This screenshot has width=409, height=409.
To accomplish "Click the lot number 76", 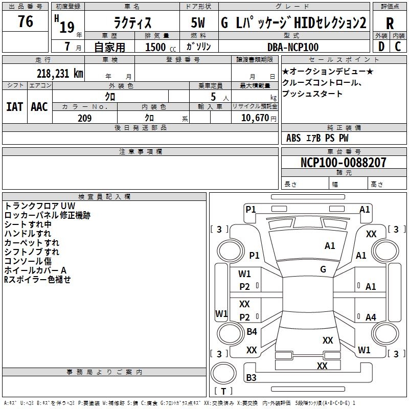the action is coord(26,21).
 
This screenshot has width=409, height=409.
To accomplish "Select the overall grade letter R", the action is coord(390,24).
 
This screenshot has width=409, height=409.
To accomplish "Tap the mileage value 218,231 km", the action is coord(60,74).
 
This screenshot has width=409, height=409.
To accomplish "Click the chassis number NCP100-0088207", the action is coord(343,162).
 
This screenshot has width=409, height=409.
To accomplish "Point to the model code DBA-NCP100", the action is coord(293,47).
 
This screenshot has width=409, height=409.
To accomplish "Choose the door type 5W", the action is coord(198,22).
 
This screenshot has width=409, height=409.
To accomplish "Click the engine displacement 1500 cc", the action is coord(161,47).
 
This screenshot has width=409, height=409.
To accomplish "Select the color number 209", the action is coord(84,118).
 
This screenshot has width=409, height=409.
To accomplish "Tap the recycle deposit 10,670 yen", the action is coord(259,118).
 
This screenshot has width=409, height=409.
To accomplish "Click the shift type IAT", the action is coord(15,107).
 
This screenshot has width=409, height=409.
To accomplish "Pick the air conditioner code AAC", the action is coord(39,107).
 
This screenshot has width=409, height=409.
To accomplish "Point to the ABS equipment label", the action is coord(293,138).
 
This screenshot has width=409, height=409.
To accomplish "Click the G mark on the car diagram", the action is coord(323,269).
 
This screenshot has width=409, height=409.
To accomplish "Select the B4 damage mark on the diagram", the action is coord(252,331).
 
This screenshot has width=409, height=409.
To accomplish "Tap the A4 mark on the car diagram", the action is coord(371,317).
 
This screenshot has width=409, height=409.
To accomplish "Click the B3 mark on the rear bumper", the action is coord(251,377).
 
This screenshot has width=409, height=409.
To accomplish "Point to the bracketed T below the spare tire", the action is coord(223,391).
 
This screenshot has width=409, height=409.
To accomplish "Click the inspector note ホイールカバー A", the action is coord(35,270).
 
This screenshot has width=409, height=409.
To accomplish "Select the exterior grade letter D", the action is coord(381,47).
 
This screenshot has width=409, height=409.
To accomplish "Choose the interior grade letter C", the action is coord(398,47).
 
